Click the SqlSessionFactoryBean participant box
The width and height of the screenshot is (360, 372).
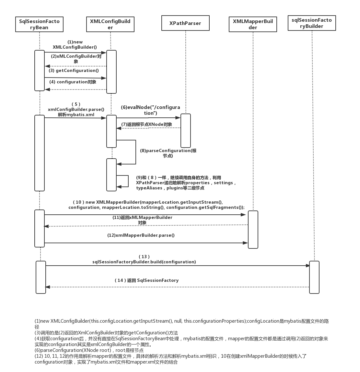[39, 24]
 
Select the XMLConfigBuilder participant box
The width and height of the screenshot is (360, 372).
[110, 24]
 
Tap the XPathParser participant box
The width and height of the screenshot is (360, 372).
[185, 23]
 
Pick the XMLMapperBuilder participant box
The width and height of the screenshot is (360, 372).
[253, 24]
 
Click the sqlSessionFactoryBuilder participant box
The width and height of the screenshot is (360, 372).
[312, 23]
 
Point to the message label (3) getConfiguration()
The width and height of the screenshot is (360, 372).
[74, 70]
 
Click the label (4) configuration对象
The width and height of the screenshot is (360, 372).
[73, 82]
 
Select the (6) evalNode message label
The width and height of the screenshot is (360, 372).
[150, 110]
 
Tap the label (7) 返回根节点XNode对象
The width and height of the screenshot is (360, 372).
[146, 124]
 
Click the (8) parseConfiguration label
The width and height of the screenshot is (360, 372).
[168, 153]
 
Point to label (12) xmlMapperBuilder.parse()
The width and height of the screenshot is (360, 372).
[141, 235]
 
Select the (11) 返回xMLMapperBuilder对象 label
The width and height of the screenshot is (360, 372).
[142, 220]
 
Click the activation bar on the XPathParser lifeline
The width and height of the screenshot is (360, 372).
[186, 131]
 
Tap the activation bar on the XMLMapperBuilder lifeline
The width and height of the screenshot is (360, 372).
[253, 230]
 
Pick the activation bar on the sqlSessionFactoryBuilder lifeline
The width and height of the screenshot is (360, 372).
[314, 277]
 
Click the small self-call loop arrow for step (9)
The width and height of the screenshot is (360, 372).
[123, 181]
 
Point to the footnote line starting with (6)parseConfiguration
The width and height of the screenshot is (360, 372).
[89, 350]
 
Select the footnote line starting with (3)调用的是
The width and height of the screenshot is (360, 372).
[106, 333]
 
